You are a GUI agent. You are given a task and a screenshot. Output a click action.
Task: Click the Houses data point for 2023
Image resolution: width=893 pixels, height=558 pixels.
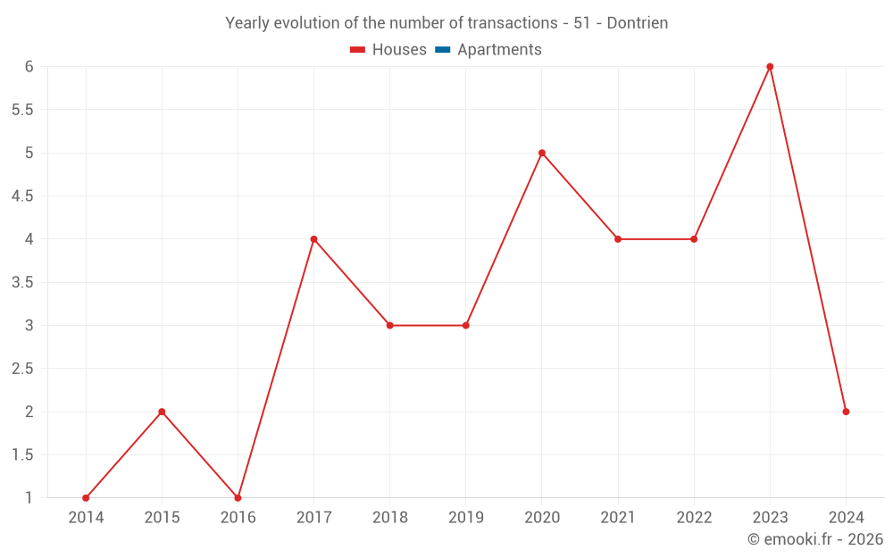pos(770,67)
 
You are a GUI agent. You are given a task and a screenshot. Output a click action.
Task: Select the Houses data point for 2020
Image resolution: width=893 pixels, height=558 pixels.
pos(542,153)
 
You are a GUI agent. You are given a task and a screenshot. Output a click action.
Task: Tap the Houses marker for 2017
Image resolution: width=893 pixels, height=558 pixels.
pos(313,239)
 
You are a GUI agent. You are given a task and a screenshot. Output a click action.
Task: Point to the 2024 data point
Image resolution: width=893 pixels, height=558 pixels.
pos(846,412)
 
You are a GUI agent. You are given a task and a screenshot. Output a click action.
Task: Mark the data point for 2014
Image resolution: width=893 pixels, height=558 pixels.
pos(86,498)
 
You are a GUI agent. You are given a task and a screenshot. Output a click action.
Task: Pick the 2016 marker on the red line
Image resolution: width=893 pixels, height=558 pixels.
pos(238,498)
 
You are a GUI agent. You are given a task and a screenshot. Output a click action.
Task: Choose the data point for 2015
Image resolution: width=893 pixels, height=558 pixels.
pos(162,412)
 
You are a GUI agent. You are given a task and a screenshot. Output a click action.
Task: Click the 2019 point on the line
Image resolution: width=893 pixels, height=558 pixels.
pos(465,325)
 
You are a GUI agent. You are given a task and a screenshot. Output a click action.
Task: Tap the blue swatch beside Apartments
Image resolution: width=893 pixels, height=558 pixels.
pos(442,50)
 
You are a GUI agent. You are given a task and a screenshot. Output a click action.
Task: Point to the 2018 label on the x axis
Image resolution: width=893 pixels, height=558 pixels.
pos(389,518)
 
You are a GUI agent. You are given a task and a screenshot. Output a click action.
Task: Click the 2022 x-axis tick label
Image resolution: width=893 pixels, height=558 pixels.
pos(694,518)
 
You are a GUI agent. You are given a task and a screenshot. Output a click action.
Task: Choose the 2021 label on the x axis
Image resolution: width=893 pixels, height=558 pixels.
pos(618,518)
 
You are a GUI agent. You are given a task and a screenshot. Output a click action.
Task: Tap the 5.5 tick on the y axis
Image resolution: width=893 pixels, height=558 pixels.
pos(22,110)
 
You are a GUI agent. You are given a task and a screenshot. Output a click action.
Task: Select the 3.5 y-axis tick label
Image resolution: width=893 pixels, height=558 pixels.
pos(22,282)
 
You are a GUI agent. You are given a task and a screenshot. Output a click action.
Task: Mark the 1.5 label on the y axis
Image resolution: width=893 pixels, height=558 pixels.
pos(22,455)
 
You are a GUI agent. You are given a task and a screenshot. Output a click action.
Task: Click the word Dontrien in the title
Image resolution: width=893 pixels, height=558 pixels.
pos(638,23)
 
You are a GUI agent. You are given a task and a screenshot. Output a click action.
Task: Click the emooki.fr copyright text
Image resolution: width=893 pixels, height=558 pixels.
pos(815,539)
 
